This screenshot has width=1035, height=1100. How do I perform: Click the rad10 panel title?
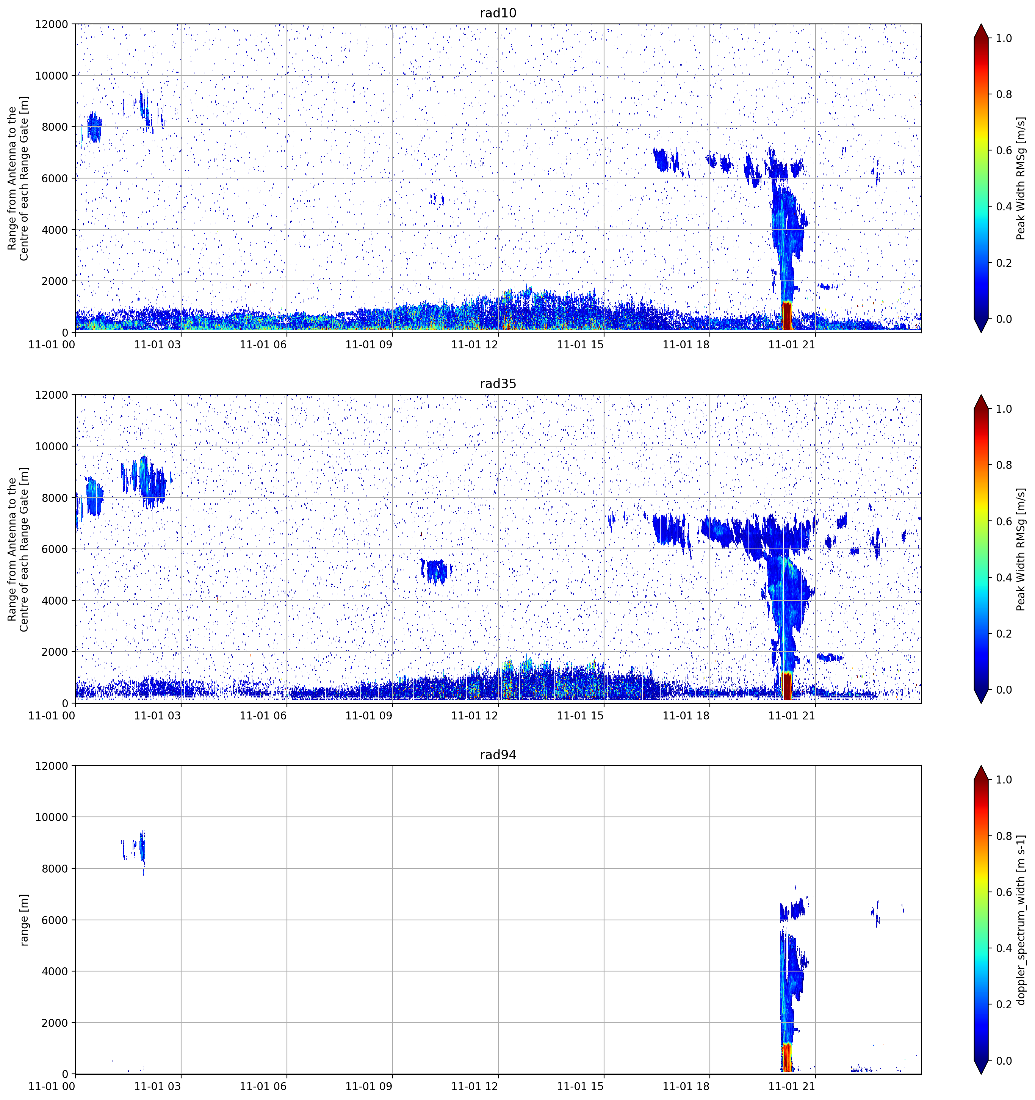[498, 13]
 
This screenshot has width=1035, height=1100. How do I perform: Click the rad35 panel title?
[498, 384]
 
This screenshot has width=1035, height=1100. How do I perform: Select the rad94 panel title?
[498, 755]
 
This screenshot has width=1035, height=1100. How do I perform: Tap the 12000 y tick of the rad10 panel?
[52, 24]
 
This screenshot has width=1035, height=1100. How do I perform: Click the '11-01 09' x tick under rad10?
[368, 345]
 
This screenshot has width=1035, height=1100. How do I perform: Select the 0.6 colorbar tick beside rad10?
[1004, 150]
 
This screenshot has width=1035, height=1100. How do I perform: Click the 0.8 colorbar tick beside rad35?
[1004, 465]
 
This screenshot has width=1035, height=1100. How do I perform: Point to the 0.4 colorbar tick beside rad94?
[1004, 948]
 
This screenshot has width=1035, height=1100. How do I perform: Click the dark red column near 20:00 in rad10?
[787, 317]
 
